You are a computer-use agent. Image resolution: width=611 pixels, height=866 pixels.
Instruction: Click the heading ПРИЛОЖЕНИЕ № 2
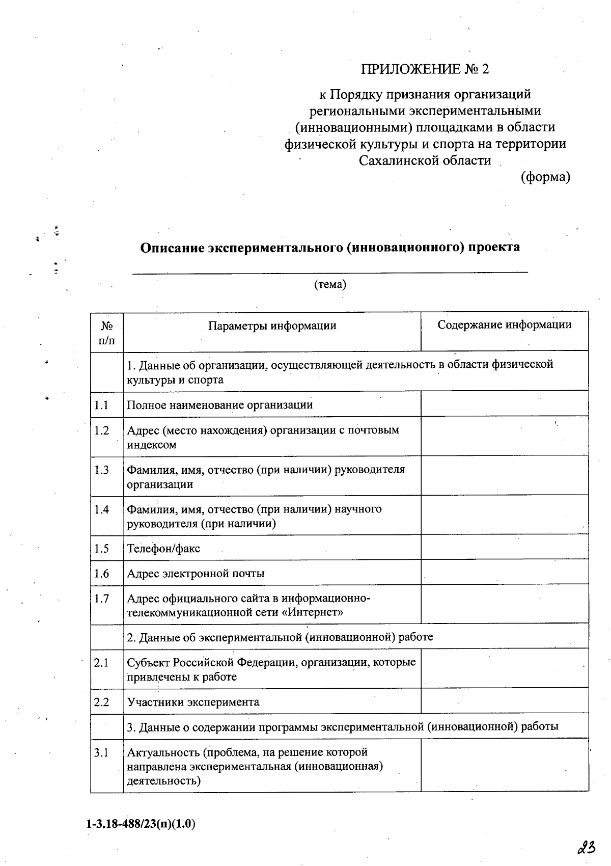point(425,69)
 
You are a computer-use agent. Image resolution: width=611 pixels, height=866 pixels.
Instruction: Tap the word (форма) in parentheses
point(545,177)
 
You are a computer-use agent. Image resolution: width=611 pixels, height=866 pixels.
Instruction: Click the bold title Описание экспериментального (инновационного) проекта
point(330,248)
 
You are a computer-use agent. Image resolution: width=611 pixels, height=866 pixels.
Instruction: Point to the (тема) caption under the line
point(330,284)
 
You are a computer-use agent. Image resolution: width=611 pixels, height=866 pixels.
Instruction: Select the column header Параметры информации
point(272,326)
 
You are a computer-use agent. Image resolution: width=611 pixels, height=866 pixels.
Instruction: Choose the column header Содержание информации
point(504,325)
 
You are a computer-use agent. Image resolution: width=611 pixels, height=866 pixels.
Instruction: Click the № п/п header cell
point(107,333)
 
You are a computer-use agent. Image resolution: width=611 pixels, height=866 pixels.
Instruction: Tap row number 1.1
point(102,405)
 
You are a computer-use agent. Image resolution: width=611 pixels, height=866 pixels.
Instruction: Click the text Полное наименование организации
point(219,405)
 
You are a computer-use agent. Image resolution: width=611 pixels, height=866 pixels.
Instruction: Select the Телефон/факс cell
point(163,549)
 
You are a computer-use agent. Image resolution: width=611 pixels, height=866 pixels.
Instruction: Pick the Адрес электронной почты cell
point(196,574)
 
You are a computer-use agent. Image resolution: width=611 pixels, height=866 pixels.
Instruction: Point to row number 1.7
point(102,599)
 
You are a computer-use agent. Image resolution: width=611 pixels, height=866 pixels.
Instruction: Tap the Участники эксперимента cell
point(193,702)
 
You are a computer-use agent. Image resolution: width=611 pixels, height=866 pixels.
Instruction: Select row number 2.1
point(102,663)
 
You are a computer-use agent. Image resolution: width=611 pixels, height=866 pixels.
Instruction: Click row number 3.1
point(102,752)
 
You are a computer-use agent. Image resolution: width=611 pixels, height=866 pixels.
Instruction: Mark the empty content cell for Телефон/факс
point(504,548)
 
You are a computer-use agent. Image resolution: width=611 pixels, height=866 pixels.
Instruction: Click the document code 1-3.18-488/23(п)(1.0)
point(141,824)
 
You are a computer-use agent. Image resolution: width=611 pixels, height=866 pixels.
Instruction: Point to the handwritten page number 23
point(587,848)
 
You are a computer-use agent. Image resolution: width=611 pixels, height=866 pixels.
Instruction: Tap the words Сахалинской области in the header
point(425,160)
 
